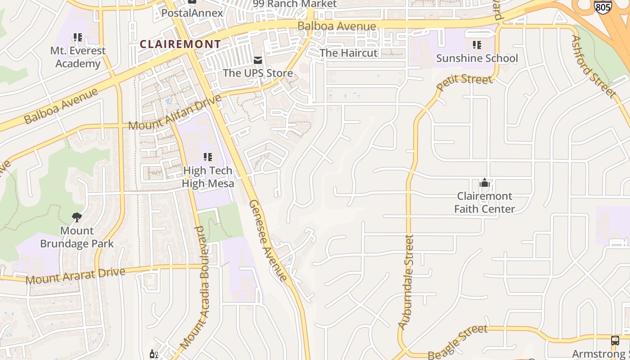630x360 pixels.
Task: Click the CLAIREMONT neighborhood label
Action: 180,44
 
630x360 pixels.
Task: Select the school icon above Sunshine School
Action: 477,45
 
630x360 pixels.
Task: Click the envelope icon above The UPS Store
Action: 258,60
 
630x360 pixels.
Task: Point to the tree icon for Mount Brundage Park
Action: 77,217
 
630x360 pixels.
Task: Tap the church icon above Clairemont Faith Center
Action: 485,183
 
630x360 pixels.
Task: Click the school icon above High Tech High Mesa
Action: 207,157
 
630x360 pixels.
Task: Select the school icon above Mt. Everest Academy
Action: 78,37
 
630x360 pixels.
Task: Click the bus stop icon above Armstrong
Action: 615,341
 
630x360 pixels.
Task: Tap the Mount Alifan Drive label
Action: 175,113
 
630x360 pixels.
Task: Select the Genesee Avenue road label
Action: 268,240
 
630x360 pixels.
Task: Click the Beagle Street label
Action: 457,342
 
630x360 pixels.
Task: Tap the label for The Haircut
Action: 348,53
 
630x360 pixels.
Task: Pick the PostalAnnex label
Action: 192,13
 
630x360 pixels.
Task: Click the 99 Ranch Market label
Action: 294,4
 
